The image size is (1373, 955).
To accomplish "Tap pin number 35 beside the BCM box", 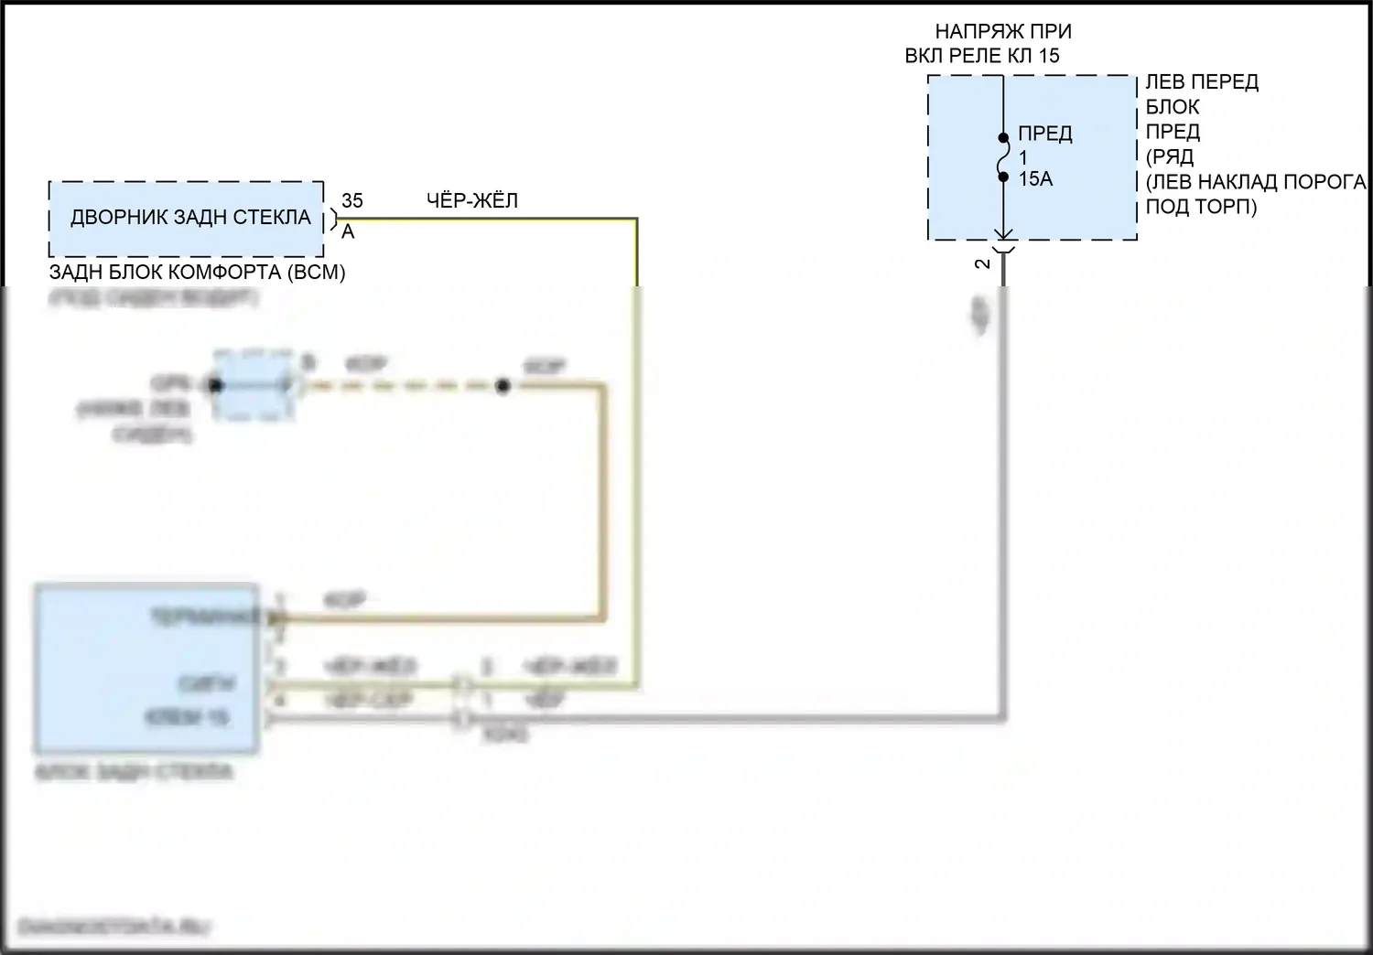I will point(352,200).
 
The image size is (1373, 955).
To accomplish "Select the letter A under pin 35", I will point(348,232).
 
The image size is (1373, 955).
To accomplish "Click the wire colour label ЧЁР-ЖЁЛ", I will point(472,200).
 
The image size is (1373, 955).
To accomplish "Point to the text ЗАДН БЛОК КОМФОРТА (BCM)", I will point(197,272).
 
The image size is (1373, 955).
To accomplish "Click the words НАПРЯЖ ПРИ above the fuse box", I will point(1003,31).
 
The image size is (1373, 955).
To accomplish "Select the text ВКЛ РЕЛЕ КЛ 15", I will point(982,56).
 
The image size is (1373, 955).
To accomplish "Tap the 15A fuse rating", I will point(1035,179).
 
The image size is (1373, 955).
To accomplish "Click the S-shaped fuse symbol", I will point(1004,157).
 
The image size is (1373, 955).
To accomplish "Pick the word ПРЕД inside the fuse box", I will point(1044,134).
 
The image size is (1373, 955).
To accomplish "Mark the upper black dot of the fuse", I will point(1004,138).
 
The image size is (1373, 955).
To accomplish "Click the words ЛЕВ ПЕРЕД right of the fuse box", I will point(1202,82).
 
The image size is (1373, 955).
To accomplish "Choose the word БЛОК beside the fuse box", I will point(1173,107).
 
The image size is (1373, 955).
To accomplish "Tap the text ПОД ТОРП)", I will point(1201,207).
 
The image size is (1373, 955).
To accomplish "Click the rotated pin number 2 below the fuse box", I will point(983,263).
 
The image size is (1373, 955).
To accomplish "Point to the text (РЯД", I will point(1170,156).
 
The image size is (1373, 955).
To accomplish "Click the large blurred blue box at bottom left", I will point(146,668).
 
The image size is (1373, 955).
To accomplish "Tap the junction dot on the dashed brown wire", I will point(502,386).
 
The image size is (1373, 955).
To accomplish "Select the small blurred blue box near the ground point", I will point(254,385).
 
